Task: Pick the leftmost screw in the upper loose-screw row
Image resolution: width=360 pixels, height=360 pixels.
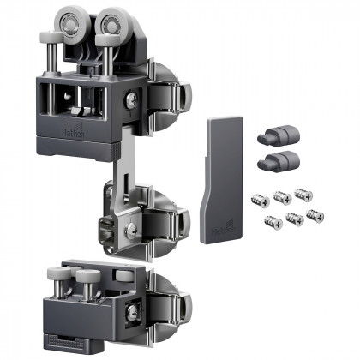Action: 258,200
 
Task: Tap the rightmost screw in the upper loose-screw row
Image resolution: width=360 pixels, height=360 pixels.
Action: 303,195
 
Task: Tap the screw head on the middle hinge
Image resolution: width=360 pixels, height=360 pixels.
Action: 130,228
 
